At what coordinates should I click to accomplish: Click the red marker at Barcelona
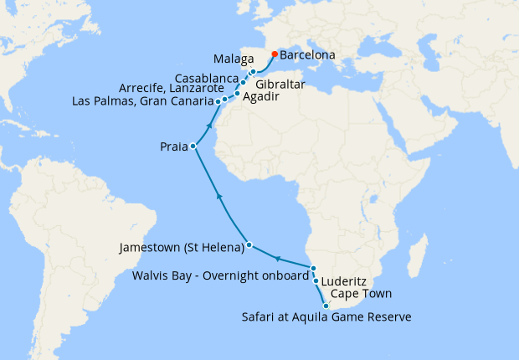[x=275, y=54]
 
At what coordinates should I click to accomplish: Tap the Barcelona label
[x=307, y=55]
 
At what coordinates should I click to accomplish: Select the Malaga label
[x=234, y=61]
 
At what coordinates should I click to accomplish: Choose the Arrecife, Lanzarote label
[x=171, y=88]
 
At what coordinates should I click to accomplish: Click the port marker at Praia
[x=193, y=147]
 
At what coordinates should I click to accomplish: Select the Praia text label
[x=173, y=147]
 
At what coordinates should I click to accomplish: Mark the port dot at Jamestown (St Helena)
[x=249, y=246]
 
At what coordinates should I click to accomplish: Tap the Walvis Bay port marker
[x=313, y=268]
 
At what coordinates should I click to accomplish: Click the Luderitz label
[x=347, y=281]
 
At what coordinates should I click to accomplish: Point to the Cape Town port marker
[x=326, y=306]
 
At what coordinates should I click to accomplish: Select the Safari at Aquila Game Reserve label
[x=326, y=316]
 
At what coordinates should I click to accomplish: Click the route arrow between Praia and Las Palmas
[x=206, y=124]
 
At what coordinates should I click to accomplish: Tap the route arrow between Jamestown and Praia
[x=218, y=195]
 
